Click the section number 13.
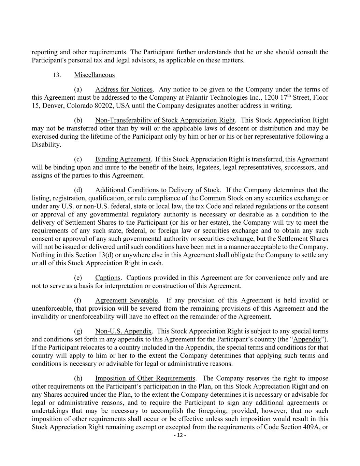point(57,75)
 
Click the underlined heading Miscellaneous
point(94,75)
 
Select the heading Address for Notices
point(124,89)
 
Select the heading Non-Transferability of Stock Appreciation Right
point(165,120)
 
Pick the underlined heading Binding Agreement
point(123,159)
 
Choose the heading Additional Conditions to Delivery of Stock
point(157,190)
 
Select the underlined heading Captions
point(107,278)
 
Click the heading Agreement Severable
point(126,300)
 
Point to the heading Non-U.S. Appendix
point(123,331)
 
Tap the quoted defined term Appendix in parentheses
point(307,339)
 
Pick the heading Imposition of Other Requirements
point(145,378)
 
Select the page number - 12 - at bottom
point(180,435)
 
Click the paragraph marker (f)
point(78,300)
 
